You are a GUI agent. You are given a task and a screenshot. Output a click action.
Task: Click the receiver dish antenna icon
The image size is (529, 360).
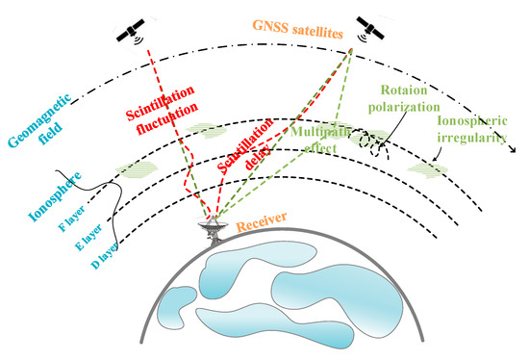click(210, 227)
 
